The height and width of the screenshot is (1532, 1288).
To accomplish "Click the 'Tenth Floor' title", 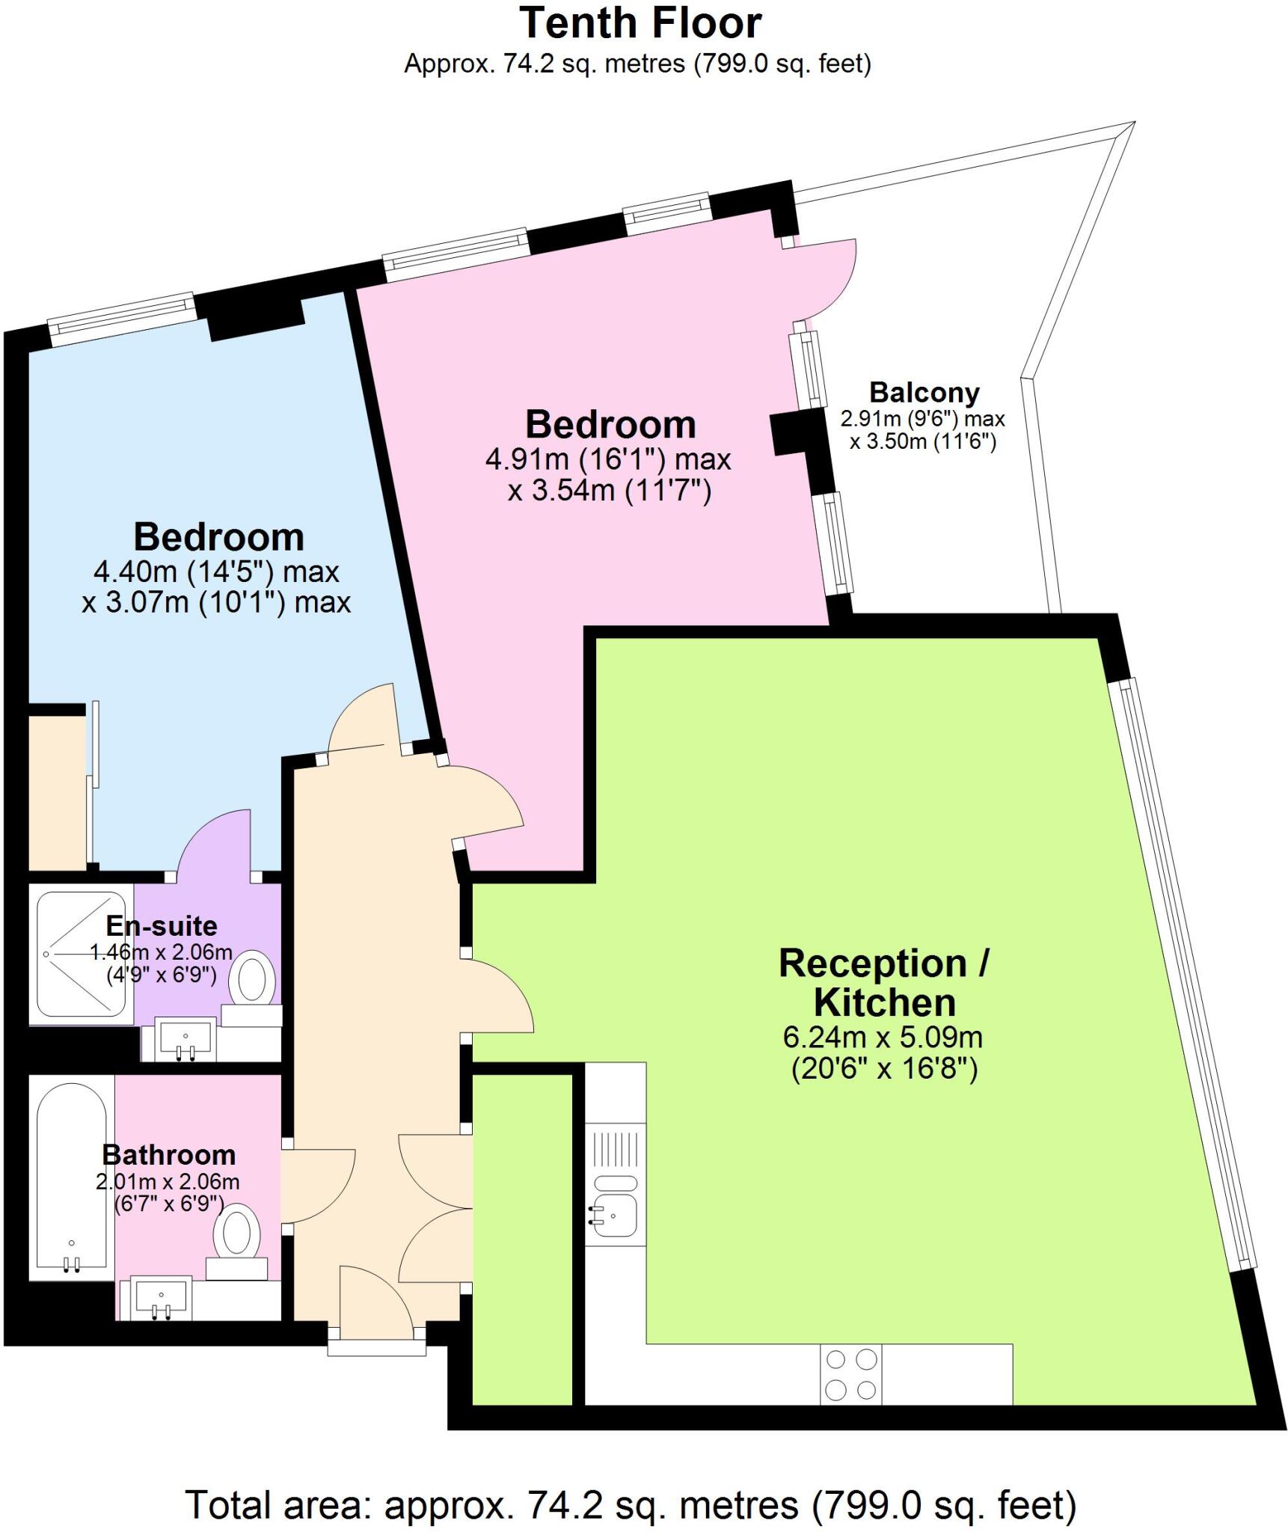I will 640,24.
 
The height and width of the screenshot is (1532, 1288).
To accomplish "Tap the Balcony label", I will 924,393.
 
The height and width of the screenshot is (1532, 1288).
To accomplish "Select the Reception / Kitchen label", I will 883,982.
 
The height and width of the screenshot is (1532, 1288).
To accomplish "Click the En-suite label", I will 162,926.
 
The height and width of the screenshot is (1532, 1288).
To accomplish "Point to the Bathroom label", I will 169,1155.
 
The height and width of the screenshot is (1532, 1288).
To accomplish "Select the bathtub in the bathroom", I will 72,1177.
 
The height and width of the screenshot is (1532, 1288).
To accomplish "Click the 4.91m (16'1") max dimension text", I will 607,459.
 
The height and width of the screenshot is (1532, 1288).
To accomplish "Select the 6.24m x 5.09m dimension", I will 883,1038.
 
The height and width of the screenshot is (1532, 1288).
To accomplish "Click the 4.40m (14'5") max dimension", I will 216,572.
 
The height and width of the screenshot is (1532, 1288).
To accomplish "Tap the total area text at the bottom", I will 631,1484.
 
